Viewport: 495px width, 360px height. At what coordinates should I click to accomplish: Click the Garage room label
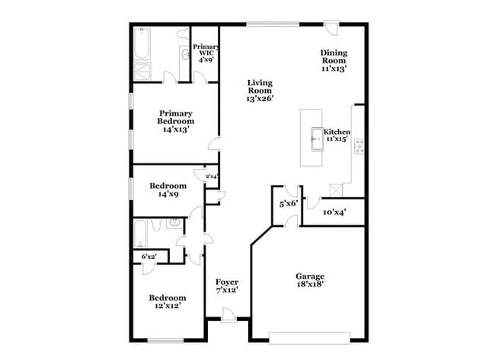[x=310, y=280]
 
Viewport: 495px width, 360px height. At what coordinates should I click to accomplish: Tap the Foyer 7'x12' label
[x=227, y=286]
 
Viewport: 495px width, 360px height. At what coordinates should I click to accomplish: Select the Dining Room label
[x=334, y=60]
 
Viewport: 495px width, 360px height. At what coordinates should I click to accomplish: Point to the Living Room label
[x=260, y=90]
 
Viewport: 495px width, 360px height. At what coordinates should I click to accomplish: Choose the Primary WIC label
[x=206, y=51]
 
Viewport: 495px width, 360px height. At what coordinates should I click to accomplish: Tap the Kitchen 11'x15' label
[x=337, y=135]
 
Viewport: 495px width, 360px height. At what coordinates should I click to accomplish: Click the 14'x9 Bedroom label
[x=168, y=190]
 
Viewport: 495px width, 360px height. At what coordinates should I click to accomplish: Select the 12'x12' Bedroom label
[x=167, y=301]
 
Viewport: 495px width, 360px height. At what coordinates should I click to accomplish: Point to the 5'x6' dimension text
[x=287, y=204]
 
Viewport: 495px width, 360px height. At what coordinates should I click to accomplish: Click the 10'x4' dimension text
[x=334, y=212]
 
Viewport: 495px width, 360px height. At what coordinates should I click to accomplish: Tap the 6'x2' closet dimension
[x=148, y=257]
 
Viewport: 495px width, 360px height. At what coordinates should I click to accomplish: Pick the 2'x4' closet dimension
[x=211, y=177]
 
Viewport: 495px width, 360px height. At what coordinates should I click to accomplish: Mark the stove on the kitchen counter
[x=359, y=145]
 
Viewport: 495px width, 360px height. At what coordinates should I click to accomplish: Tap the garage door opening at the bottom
[x=310, y=336]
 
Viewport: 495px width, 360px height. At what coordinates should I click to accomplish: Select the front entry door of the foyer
[x=228, y=316]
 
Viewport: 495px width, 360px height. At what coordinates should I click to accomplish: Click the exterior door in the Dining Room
[x=331, y=29]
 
